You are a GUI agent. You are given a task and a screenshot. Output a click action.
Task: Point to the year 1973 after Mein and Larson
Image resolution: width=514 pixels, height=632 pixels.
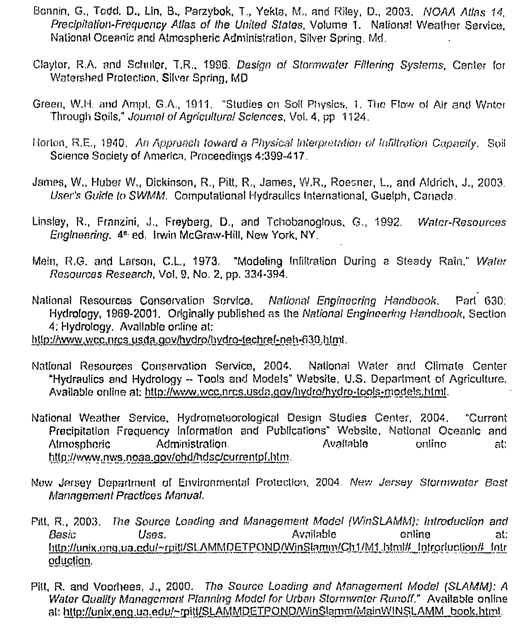(x=206, y=261)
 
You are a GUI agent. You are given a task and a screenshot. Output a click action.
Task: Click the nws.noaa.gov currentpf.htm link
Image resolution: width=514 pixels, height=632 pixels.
(x=169, y=457)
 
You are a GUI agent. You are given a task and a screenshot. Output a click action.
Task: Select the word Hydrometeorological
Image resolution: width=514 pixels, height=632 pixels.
(x=228, y=418)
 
